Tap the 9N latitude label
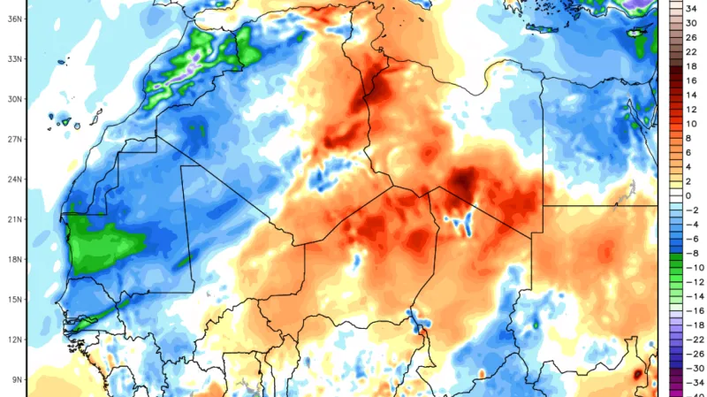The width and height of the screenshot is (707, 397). point(15,380)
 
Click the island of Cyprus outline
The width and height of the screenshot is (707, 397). point(639,32)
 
